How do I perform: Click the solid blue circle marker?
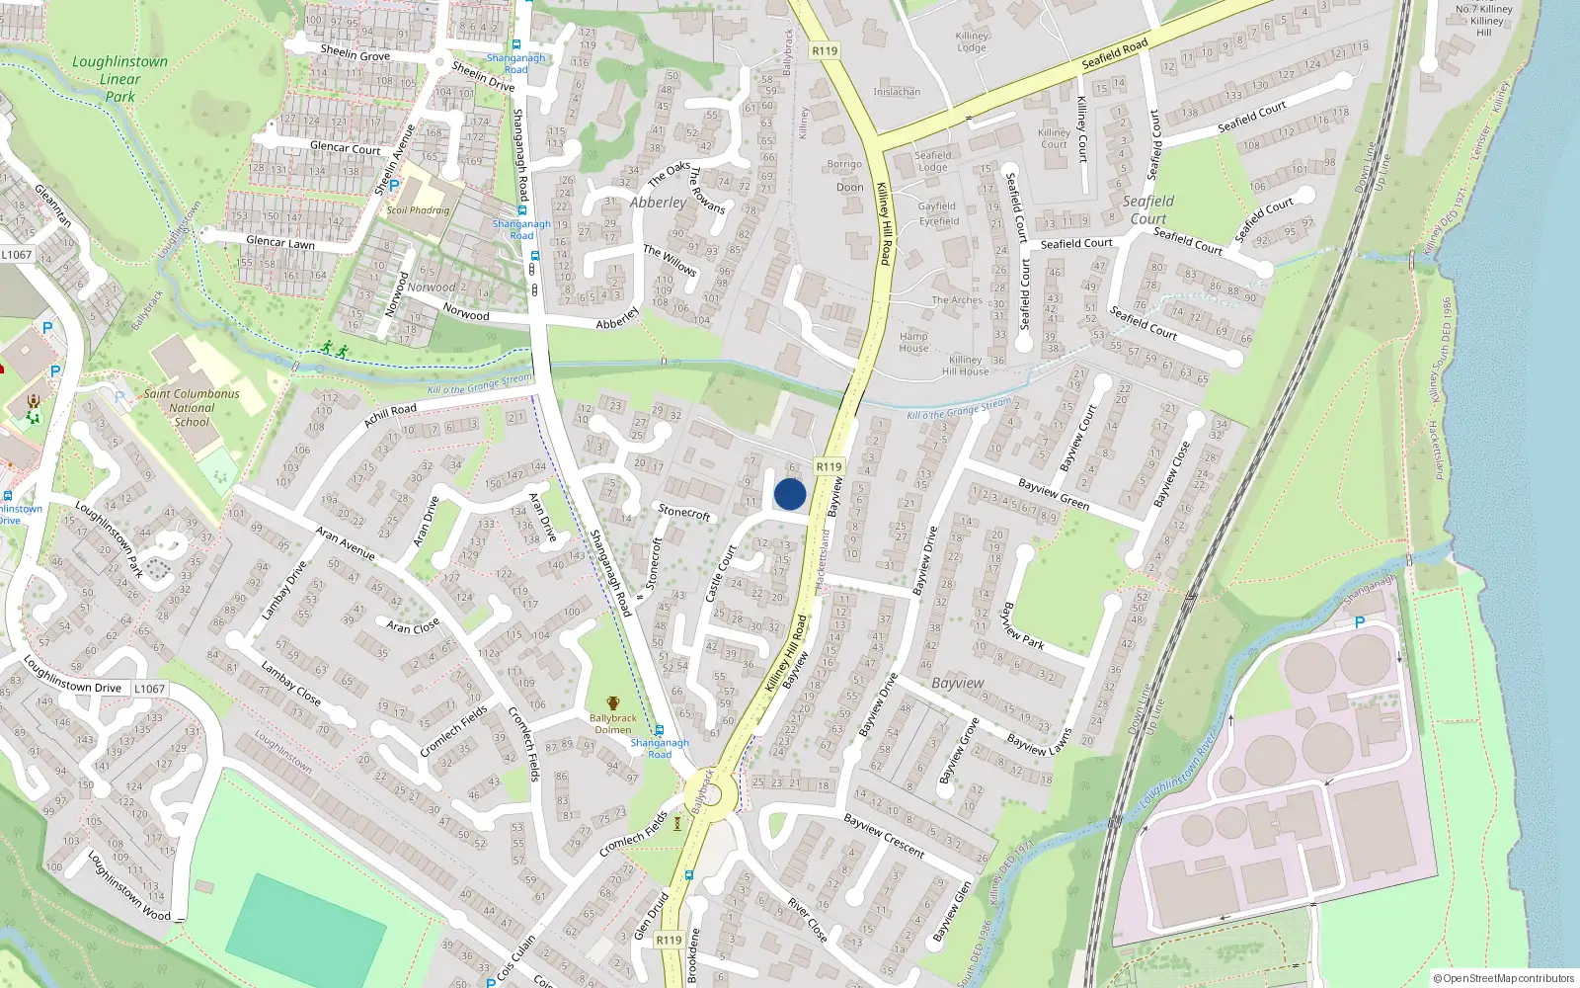click(790, 494)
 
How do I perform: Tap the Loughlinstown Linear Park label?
click(120, 79)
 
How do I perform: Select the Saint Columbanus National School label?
click(192, 407)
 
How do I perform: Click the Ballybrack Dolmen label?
click(612, 724)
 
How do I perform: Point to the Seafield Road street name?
click(1115, 53)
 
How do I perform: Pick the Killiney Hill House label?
click(965, 366)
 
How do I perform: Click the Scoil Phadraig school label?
click(418, 210)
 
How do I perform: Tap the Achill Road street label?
click(390, 416)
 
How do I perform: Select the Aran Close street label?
click(413, 627)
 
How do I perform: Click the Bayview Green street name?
click(1054, 494)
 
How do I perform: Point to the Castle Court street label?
click(721, 573)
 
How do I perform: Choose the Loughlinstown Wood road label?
click(128, 885)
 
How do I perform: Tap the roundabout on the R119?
click(709, 793)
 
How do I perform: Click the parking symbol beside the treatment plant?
click(1359, 622)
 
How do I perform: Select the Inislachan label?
click(897, 92)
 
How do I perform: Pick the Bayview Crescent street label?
click(884, 836)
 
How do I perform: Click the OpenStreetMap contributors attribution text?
click(1504, 978)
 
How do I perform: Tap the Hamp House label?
click(913, 342)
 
